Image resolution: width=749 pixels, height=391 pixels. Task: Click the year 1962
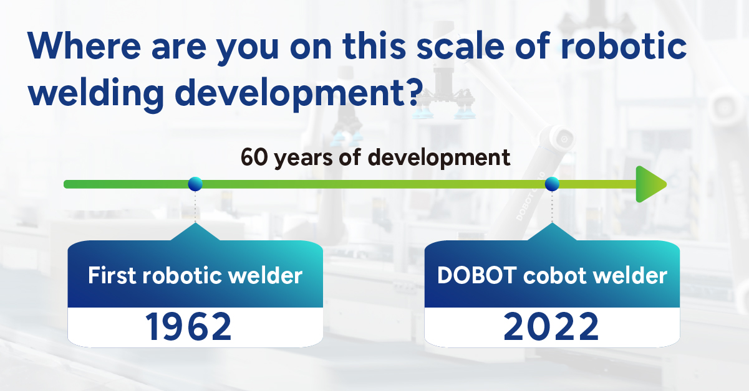188,326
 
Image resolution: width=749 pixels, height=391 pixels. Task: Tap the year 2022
551,326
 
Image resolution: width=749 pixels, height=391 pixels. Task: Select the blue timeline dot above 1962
195,184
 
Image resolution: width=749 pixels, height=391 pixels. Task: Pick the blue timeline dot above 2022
552,184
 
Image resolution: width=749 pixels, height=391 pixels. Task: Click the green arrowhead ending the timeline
650,184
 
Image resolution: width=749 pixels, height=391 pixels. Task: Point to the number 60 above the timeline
254,157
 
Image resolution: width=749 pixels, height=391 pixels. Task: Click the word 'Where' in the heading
84,45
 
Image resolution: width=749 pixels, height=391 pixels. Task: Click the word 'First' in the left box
112,275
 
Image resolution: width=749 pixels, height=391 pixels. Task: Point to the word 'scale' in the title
460,45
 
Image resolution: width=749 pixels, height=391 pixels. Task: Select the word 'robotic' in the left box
182,275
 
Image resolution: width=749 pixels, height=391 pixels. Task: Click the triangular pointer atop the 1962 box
195,232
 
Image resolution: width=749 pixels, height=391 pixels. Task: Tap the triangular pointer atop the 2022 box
552,232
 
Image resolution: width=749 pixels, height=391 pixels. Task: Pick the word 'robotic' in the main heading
624,45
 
